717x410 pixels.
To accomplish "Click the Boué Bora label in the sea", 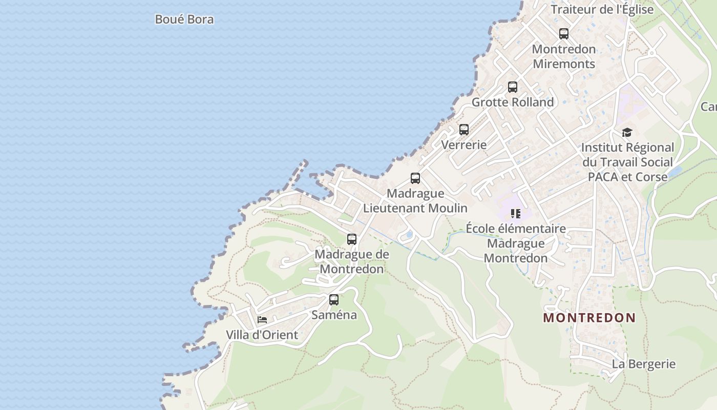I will click(184, 19).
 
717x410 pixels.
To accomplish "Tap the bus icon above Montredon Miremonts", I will click(564, 34).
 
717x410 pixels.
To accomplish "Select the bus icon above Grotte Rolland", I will click(513, 87).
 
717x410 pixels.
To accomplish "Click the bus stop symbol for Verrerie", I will click(464, 130).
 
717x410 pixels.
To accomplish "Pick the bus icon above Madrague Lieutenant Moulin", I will click(415, 178).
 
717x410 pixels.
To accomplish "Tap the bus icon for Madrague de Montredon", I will click(352, 239).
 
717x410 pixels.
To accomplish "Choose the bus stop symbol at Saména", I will click(334, 300).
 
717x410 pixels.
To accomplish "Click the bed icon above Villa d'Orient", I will click(262, 320).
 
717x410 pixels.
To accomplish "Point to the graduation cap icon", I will click(627, 133).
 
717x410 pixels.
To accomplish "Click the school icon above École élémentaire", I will click(516, 213).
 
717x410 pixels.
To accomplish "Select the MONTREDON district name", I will click(589, 318).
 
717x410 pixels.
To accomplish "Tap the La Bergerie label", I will click(644, 364).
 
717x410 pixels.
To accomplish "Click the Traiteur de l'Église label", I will click(602, 9).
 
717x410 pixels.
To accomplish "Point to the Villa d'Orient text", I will click(262, 335).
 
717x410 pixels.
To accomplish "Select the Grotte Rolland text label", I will click(513, 102).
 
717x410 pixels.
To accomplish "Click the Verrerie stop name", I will click(464, 145).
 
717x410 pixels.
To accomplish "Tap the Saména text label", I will click(334, 315).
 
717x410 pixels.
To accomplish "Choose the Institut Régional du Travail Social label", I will click(627, 162).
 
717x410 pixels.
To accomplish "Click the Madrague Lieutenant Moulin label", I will click(415, 201).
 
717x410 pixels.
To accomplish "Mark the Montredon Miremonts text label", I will click(564, 56).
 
